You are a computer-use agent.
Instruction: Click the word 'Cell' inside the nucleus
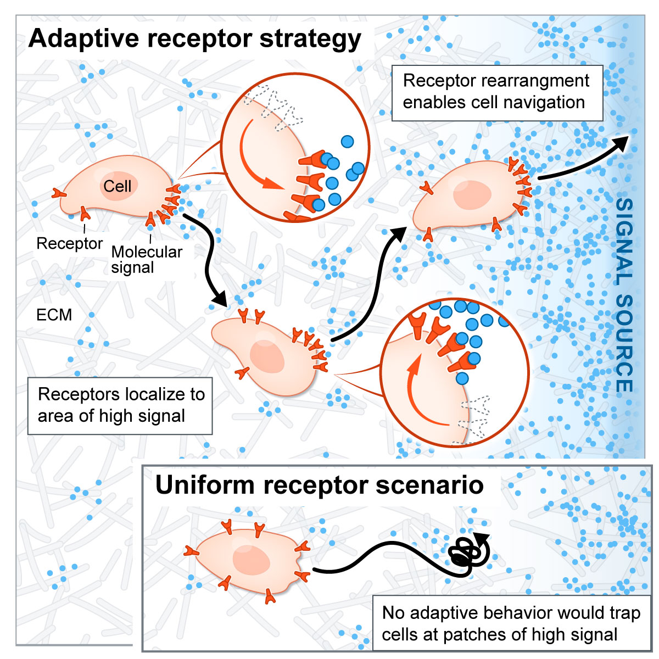click(118, 186)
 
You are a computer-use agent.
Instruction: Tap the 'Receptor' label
click(69, 243)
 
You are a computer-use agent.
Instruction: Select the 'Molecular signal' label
click(146, 260)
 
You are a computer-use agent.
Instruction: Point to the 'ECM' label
click(54, 315)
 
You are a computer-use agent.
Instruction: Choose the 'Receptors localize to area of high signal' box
click(120, 405)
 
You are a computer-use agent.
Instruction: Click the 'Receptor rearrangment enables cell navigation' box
click(496, 92)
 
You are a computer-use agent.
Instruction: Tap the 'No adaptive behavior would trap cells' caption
click(511, 623)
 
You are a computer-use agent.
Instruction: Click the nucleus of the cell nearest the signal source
click(472, 195)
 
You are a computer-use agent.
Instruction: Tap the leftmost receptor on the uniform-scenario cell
click(192, 550)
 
